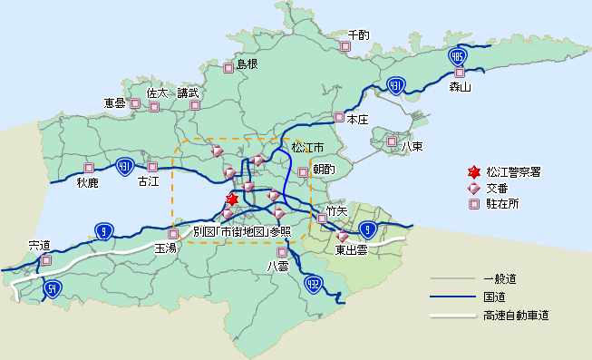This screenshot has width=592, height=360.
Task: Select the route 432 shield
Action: [314, 284]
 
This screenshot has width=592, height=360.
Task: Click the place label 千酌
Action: [358, 35]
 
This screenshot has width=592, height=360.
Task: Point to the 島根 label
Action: [247, 64]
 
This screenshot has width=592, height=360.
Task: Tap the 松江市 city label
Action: [307, 147]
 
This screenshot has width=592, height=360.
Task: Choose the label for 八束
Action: [412, 146]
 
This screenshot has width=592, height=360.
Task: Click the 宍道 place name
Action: [40, 245]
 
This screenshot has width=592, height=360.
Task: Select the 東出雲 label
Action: [351, 249]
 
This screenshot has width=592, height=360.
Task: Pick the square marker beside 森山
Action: [460, 73]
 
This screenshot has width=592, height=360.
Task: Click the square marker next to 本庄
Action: [339, 117]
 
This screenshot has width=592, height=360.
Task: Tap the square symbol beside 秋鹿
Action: [89, 168]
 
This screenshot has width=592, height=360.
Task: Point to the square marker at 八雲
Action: [281, 252]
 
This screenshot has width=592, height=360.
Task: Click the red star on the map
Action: [232, 199]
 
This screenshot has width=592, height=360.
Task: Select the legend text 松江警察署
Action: [513, 171]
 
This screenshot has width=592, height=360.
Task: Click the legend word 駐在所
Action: [502, 204]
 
